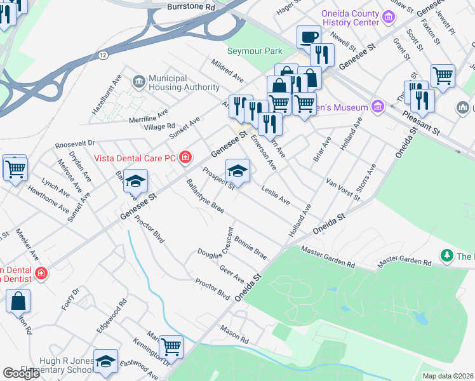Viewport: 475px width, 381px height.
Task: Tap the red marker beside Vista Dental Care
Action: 185,157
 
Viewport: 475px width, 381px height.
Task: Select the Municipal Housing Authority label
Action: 175,83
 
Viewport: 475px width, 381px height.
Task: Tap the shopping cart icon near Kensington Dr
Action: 171,347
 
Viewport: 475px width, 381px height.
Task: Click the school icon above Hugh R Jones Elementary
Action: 105,361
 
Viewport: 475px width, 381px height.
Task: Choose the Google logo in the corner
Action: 21,373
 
